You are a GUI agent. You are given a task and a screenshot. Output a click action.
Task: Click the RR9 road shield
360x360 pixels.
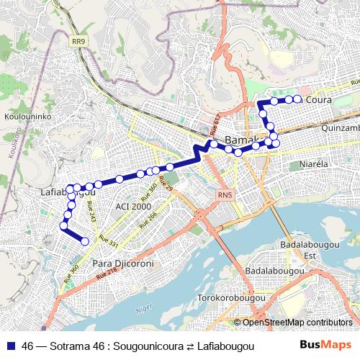[x=78, y=42]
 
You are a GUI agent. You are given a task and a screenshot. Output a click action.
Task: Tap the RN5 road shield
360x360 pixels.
[x=226, y=194]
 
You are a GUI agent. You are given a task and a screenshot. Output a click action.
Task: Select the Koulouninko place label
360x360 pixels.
[x=26, y=115]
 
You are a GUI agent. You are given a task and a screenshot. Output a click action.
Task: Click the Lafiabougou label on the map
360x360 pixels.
[x=66, y=192]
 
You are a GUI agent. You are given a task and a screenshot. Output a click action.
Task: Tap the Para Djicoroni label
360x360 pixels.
[x=124, y=264]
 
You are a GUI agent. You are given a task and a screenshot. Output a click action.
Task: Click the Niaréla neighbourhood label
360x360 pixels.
[x=313, y=164]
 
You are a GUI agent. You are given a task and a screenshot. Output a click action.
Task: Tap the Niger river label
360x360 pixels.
[x=143, y=310]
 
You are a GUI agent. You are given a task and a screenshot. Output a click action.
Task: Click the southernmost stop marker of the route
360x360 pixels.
[x=85, y=242]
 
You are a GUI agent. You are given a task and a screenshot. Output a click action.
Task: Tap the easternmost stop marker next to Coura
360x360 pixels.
[x=297, y=99]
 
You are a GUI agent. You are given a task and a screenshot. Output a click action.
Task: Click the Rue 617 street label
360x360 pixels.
[x=215, y=127]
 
